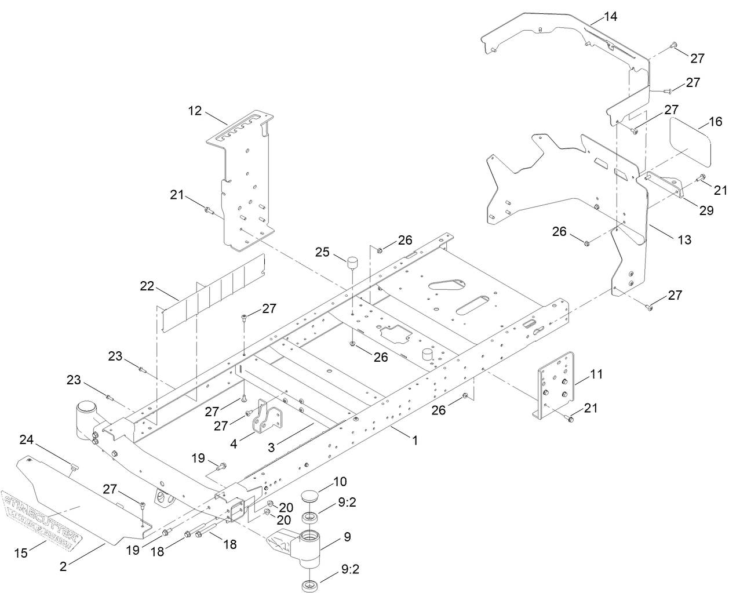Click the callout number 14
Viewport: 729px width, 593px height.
click(610, 16)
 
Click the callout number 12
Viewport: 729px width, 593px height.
click(195, 110)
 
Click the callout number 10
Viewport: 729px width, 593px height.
click(339, 482)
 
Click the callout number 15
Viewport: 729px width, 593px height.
click(21, 554)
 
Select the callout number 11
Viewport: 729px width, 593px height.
click(596, 375)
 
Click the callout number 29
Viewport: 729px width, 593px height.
click(706, 210)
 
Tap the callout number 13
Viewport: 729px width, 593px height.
click(684, 239)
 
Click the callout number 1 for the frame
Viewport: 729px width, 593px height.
click(415, 441)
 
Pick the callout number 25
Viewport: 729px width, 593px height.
click(322, 252)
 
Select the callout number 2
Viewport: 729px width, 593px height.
click(63, 567)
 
